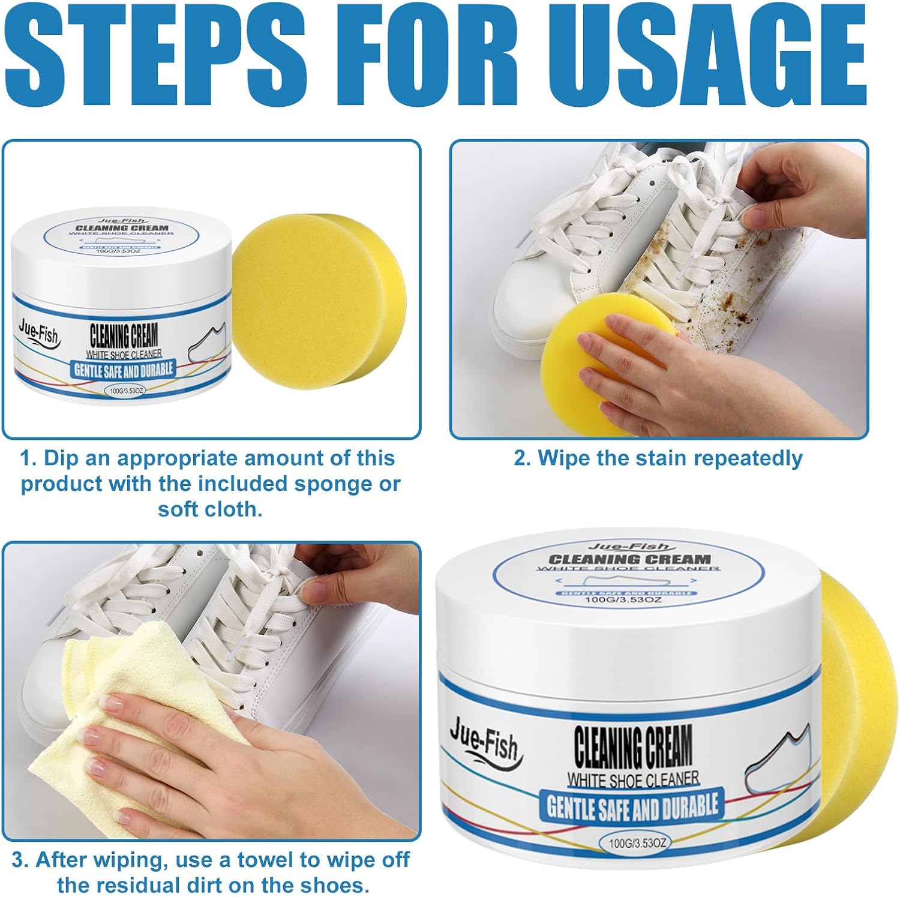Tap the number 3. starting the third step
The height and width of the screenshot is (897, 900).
click(x=20, y=860)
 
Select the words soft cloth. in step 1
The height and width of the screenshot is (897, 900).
click(x=210, y=509)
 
